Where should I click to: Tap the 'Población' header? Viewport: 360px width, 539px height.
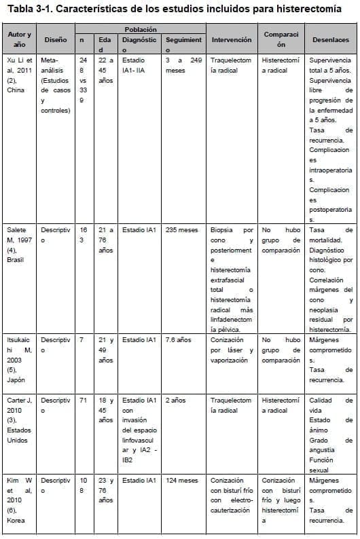[141, 30]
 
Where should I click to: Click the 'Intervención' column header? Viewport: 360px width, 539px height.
[232, 40]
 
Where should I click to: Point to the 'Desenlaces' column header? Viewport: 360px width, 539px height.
[331, 40]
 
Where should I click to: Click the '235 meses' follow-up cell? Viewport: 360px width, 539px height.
[182, 230]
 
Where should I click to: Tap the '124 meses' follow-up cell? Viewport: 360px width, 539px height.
[182, 481]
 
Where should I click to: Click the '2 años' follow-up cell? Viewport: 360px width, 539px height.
[176, 401]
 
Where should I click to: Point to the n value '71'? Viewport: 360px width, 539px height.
[84, 401]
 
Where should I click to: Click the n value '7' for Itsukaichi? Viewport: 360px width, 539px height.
[82, 339]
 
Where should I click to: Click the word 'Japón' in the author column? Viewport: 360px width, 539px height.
[16, 380]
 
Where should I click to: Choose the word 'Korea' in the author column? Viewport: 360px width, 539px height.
[16, 520]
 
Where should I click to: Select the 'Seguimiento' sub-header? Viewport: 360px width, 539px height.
[183, 45]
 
